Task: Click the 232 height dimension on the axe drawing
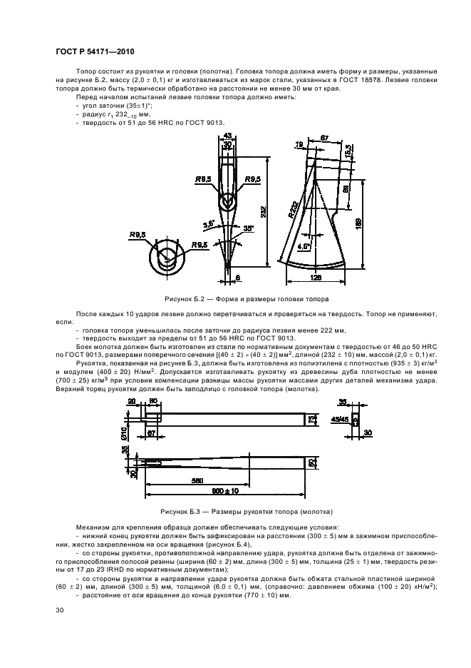click(x=264, y=212)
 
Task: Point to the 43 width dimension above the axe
click(x=227, y=135)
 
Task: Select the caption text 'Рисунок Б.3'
click(x=182, y=511)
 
